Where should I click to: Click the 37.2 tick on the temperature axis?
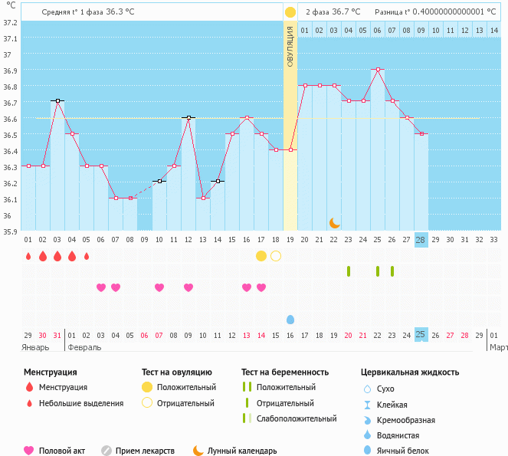click(x=10, y=22)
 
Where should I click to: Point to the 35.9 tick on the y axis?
click(x=10, y=231)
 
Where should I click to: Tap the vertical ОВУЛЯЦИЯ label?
click(x=290, y=46)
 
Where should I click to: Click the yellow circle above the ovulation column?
click(x=290, y=12)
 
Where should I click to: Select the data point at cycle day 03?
click(x=57, y=100)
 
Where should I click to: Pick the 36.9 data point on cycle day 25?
click(x=377, y=69)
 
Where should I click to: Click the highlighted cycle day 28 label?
click(x=421, y=239)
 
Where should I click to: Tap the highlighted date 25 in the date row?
click(x=421, y=334)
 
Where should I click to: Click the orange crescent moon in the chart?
click(x=334, y=223)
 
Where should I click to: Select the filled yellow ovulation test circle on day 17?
click(x=261, y=256)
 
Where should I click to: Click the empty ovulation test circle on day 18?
click(x=276, y=256)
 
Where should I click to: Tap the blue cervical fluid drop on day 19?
click(x=290, y=319)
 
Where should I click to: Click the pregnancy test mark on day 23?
click(x=349, y=271)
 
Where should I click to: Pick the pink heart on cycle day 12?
click(x=188, y=287)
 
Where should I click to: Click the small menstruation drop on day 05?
click(x=87, y=256)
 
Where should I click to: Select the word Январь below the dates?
click(x=36, y=346)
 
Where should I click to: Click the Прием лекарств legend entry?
click(x=145, y=451)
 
